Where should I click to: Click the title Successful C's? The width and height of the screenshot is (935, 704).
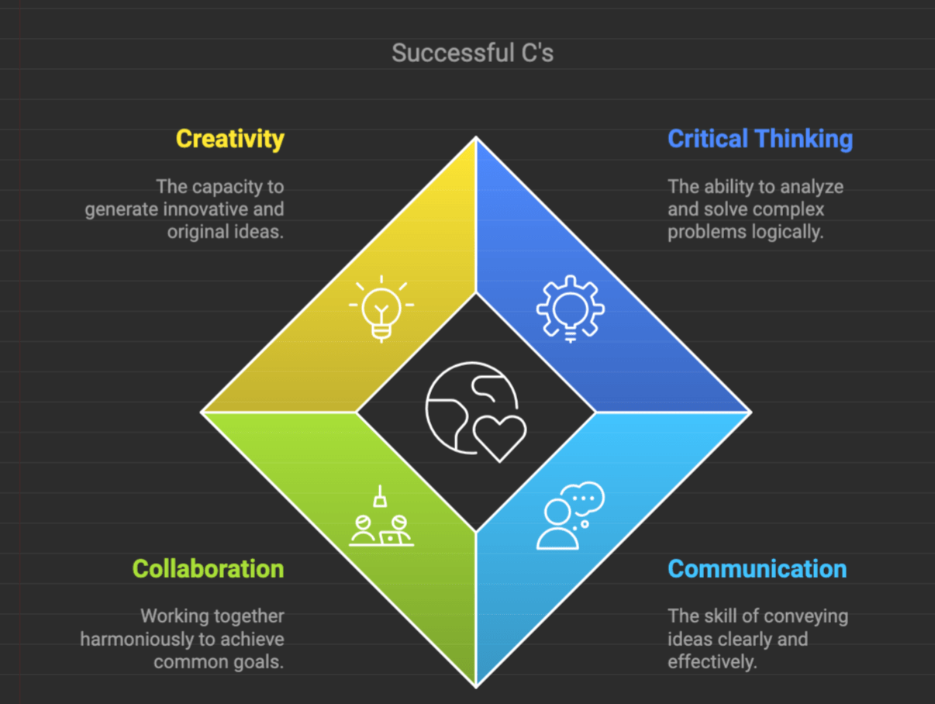point(472,53)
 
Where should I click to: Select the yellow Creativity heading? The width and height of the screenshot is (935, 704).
point(229,139)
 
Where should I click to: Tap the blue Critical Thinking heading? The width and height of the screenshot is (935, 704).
point(760,139)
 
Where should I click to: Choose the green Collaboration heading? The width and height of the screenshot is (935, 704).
point(208,568)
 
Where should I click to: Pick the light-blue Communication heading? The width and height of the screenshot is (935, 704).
point(757,568)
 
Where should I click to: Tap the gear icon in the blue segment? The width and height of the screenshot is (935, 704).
point(570,308)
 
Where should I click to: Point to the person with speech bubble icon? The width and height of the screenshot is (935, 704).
point(569,516)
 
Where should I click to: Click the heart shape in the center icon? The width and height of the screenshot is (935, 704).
point(500,437)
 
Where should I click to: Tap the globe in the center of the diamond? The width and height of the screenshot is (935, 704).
point(465,403)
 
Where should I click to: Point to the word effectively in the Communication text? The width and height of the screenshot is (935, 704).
point(712,662)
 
